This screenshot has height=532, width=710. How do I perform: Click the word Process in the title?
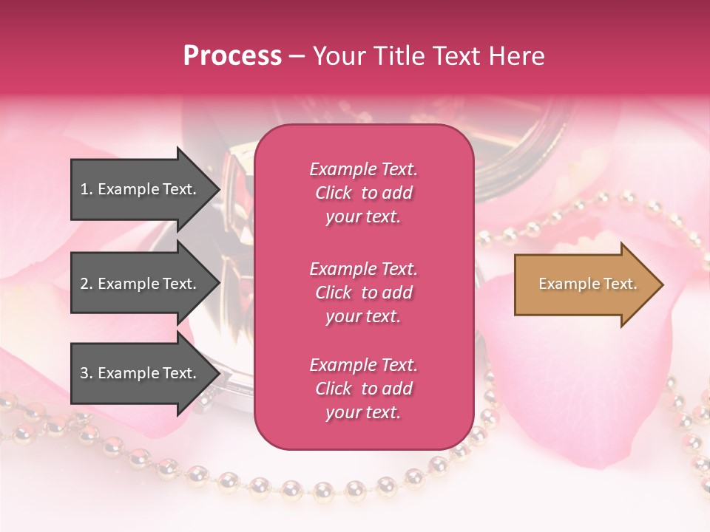click(x=232, y=56)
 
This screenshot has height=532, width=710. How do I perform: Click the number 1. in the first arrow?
click(x=87, y=189)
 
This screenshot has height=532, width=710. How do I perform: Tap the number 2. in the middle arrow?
click(x=87, y=284)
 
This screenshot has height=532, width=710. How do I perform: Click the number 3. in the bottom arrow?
click(x=87, y=373)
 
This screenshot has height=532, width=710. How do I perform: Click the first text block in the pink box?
click(x=363, y=193)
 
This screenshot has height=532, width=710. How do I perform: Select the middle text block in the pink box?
click(x=363, y=293)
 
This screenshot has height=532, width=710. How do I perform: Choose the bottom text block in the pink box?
click(x=363, y=389)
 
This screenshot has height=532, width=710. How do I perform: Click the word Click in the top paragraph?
click(x=334, y=193)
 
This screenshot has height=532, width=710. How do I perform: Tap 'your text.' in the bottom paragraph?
click(x=363, y=412)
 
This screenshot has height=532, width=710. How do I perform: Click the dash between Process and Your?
click(x=297, y=56)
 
